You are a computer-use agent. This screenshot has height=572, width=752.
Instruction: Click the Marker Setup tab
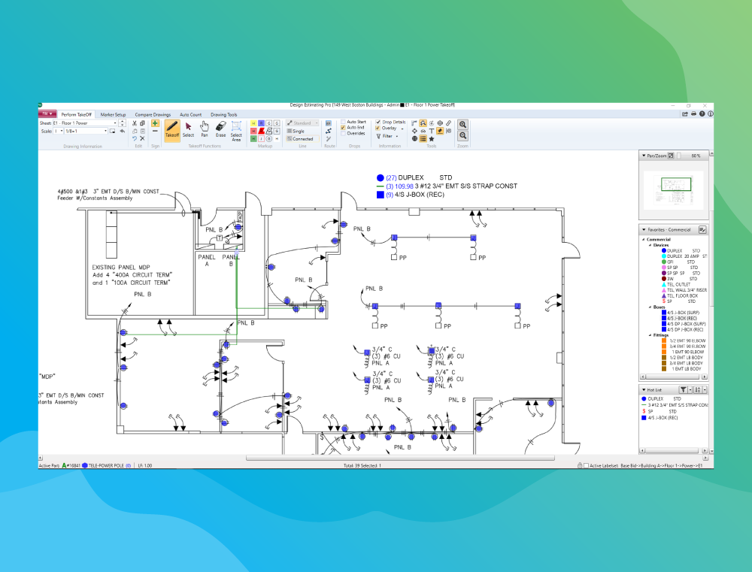[113, 114]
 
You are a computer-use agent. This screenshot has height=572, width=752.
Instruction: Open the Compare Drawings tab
[153, 114]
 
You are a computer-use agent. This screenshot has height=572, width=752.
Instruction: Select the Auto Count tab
[190, 114]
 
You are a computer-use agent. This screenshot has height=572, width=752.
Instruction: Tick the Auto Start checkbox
[344, 122]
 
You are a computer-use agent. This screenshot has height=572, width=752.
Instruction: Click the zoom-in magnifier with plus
[463, 124]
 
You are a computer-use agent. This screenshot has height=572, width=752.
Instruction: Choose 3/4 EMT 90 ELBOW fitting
[684, 346]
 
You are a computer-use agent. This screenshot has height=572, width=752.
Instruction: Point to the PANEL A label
[207, 260]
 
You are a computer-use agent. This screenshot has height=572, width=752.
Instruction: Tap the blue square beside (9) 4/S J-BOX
[381, 195]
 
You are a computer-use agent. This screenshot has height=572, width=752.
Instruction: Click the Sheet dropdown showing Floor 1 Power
[88, 123]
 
